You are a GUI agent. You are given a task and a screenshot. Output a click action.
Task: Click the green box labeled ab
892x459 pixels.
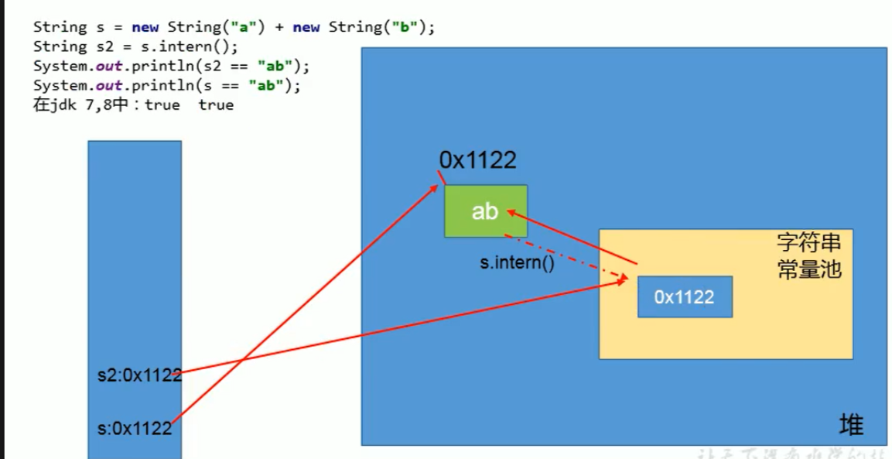(485, 211)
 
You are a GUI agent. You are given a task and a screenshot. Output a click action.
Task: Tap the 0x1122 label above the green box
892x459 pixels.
(477, 160)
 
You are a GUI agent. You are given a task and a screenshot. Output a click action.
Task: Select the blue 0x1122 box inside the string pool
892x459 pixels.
(685, 296)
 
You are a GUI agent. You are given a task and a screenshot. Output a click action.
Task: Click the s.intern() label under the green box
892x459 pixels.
(517, 262)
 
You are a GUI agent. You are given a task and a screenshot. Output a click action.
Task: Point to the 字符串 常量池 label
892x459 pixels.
(808, 256)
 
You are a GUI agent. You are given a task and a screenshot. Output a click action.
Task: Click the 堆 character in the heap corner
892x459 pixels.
(851, 424)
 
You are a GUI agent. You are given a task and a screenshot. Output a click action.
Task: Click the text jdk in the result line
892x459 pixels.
(65, 105)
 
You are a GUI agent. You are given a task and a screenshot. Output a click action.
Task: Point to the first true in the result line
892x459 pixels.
(162, 105)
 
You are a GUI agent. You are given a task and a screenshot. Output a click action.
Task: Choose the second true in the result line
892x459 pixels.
(216, 105)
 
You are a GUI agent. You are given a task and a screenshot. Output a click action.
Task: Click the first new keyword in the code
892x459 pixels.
(159, 27)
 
